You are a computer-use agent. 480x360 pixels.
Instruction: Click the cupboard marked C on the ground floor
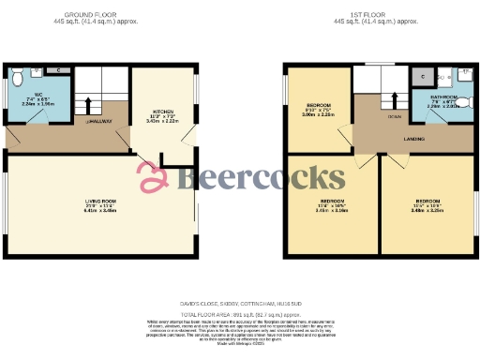coord(58,69)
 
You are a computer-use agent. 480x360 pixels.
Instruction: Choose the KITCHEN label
coord(162,110)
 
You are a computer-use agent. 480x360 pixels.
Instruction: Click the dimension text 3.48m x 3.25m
coord(427,212)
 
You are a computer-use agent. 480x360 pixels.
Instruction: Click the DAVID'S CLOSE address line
coord(240,304)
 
